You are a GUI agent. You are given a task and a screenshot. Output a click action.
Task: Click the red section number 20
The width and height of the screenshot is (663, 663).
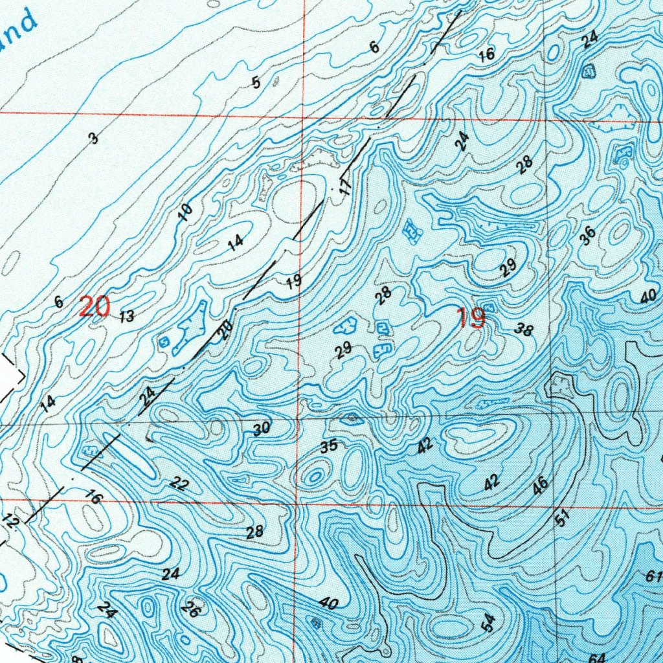tap(94, 306)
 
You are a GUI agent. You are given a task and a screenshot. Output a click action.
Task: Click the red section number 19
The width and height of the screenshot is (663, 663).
tap(470, 319)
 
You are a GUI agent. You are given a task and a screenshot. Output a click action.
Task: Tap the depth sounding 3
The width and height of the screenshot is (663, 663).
tap(94, 138)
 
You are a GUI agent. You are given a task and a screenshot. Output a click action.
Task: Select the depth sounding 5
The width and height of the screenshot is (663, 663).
tap(256, 83)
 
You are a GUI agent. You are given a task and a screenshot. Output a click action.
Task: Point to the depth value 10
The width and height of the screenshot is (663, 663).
tap(185, 212)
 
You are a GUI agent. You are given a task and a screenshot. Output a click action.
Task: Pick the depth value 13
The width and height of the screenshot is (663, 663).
tap(127, 317)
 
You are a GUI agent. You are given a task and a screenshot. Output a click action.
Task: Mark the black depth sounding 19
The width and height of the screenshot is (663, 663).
tap(293, 282)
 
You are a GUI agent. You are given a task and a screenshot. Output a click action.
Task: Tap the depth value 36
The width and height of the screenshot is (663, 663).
tap(587, 236)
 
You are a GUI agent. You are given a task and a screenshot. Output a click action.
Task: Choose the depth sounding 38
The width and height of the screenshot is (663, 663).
tap(524, 330)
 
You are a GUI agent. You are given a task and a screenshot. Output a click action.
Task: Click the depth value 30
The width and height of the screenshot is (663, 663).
tap(261, 429)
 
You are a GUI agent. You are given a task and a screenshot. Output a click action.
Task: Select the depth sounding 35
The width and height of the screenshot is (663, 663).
tap(329, 446)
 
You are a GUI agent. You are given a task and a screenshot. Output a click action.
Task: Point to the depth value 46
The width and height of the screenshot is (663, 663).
tap(541, 485)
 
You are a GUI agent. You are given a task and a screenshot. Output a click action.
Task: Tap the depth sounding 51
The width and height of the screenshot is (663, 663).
tap(562, 518)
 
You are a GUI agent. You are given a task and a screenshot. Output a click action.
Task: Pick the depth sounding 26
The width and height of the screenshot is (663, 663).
tap(190, 609)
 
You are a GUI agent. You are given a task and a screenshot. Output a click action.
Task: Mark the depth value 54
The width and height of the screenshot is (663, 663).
tap(490, 623)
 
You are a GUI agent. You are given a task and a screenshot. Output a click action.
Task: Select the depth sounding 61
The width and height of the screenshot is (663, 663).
tap(652, 576)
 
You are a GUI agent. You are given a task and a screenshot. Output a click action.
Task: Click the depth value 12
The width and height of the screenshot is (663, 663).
tap(11, 521)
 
